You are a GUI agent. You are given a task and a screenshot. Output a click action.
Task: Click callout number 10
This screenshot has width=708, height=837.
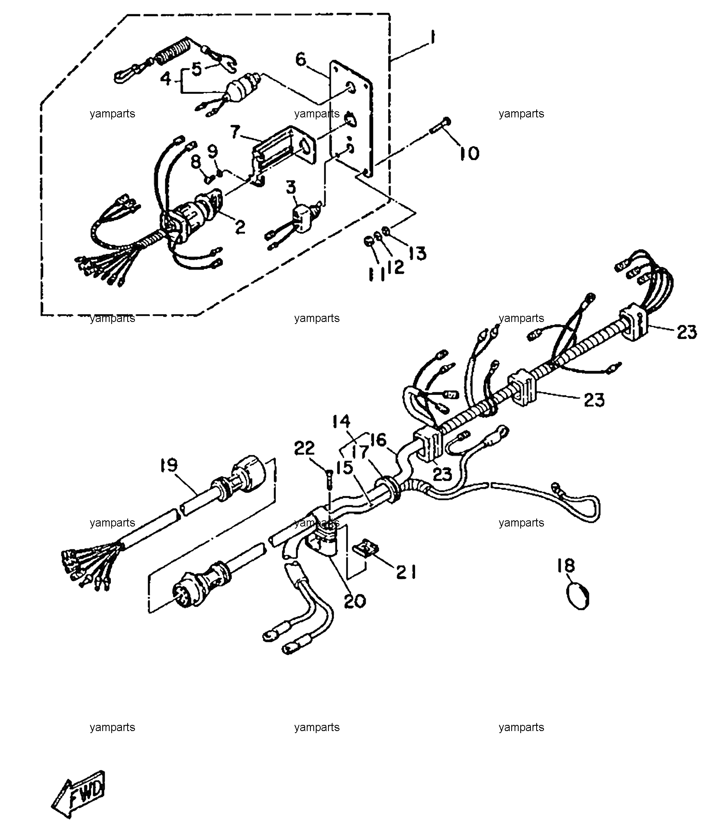click(x=469, y=153)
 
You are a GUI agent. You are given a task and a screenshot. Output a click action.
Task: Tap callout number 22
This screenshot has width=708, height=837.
click(x=304, y=448)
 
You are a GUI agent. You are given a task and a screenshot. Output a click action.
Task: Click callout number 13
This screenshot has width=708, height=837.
click(x=417, y=253)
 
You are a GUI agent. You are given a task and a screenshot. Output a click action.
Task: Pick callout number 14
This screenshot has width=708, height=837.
click(x=341, y=421)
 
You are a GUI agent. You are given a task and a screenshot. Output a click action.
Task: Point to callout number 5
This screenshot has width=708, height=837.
click(x=197, y=68)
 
